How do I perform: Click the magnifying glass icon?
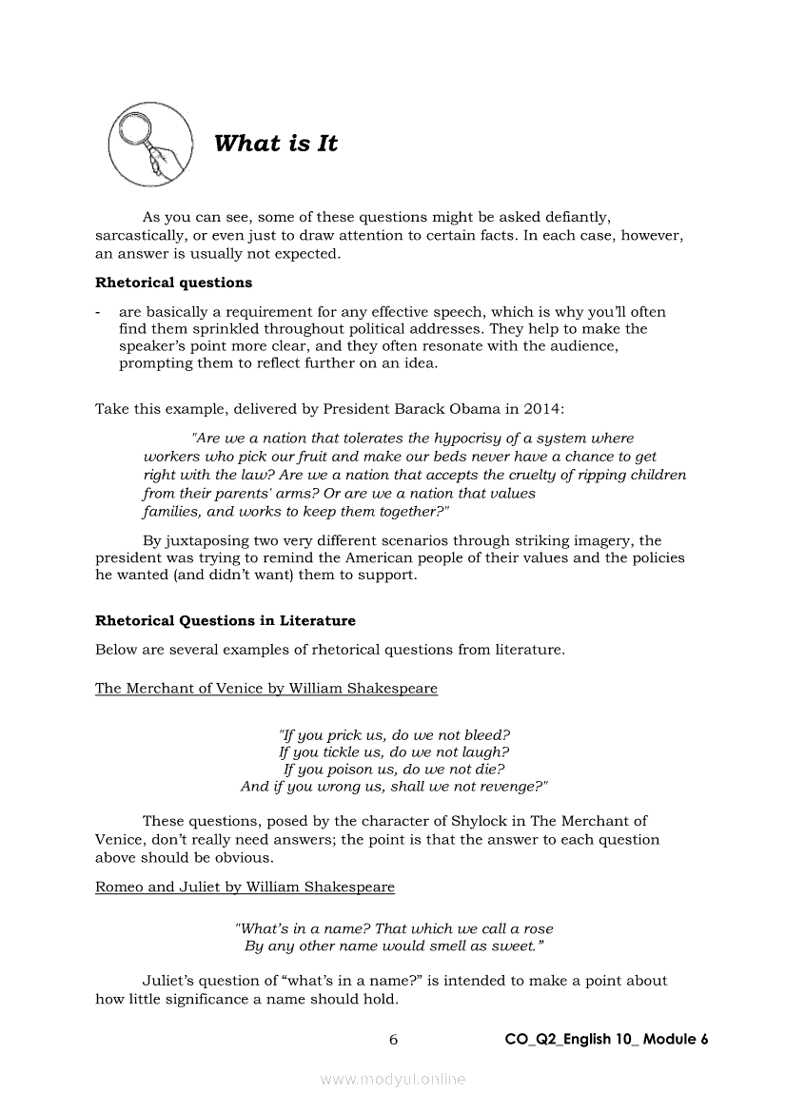pos(149,145)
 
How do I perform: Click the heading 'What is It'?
pos(276,144)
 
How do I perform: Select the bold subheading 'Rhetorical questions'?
pos(173,283)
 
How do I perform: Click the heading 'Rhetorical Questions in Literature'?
pos(225,621)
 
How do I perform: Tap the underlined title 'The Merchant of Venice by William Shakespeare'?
pos(266,689)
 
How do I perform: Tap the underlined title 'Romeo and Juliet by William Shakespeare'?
pos(245,888)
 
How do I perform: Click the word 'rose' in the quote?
pos(538,928)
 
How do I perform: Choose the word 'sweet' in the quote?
pos(515,946)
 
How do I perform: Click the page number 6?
pos(393,1040)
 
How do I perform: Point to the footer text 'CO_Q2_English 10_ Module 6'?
pos(606,1040)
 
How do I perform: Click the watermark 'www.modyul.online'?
pos(393,1079)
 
